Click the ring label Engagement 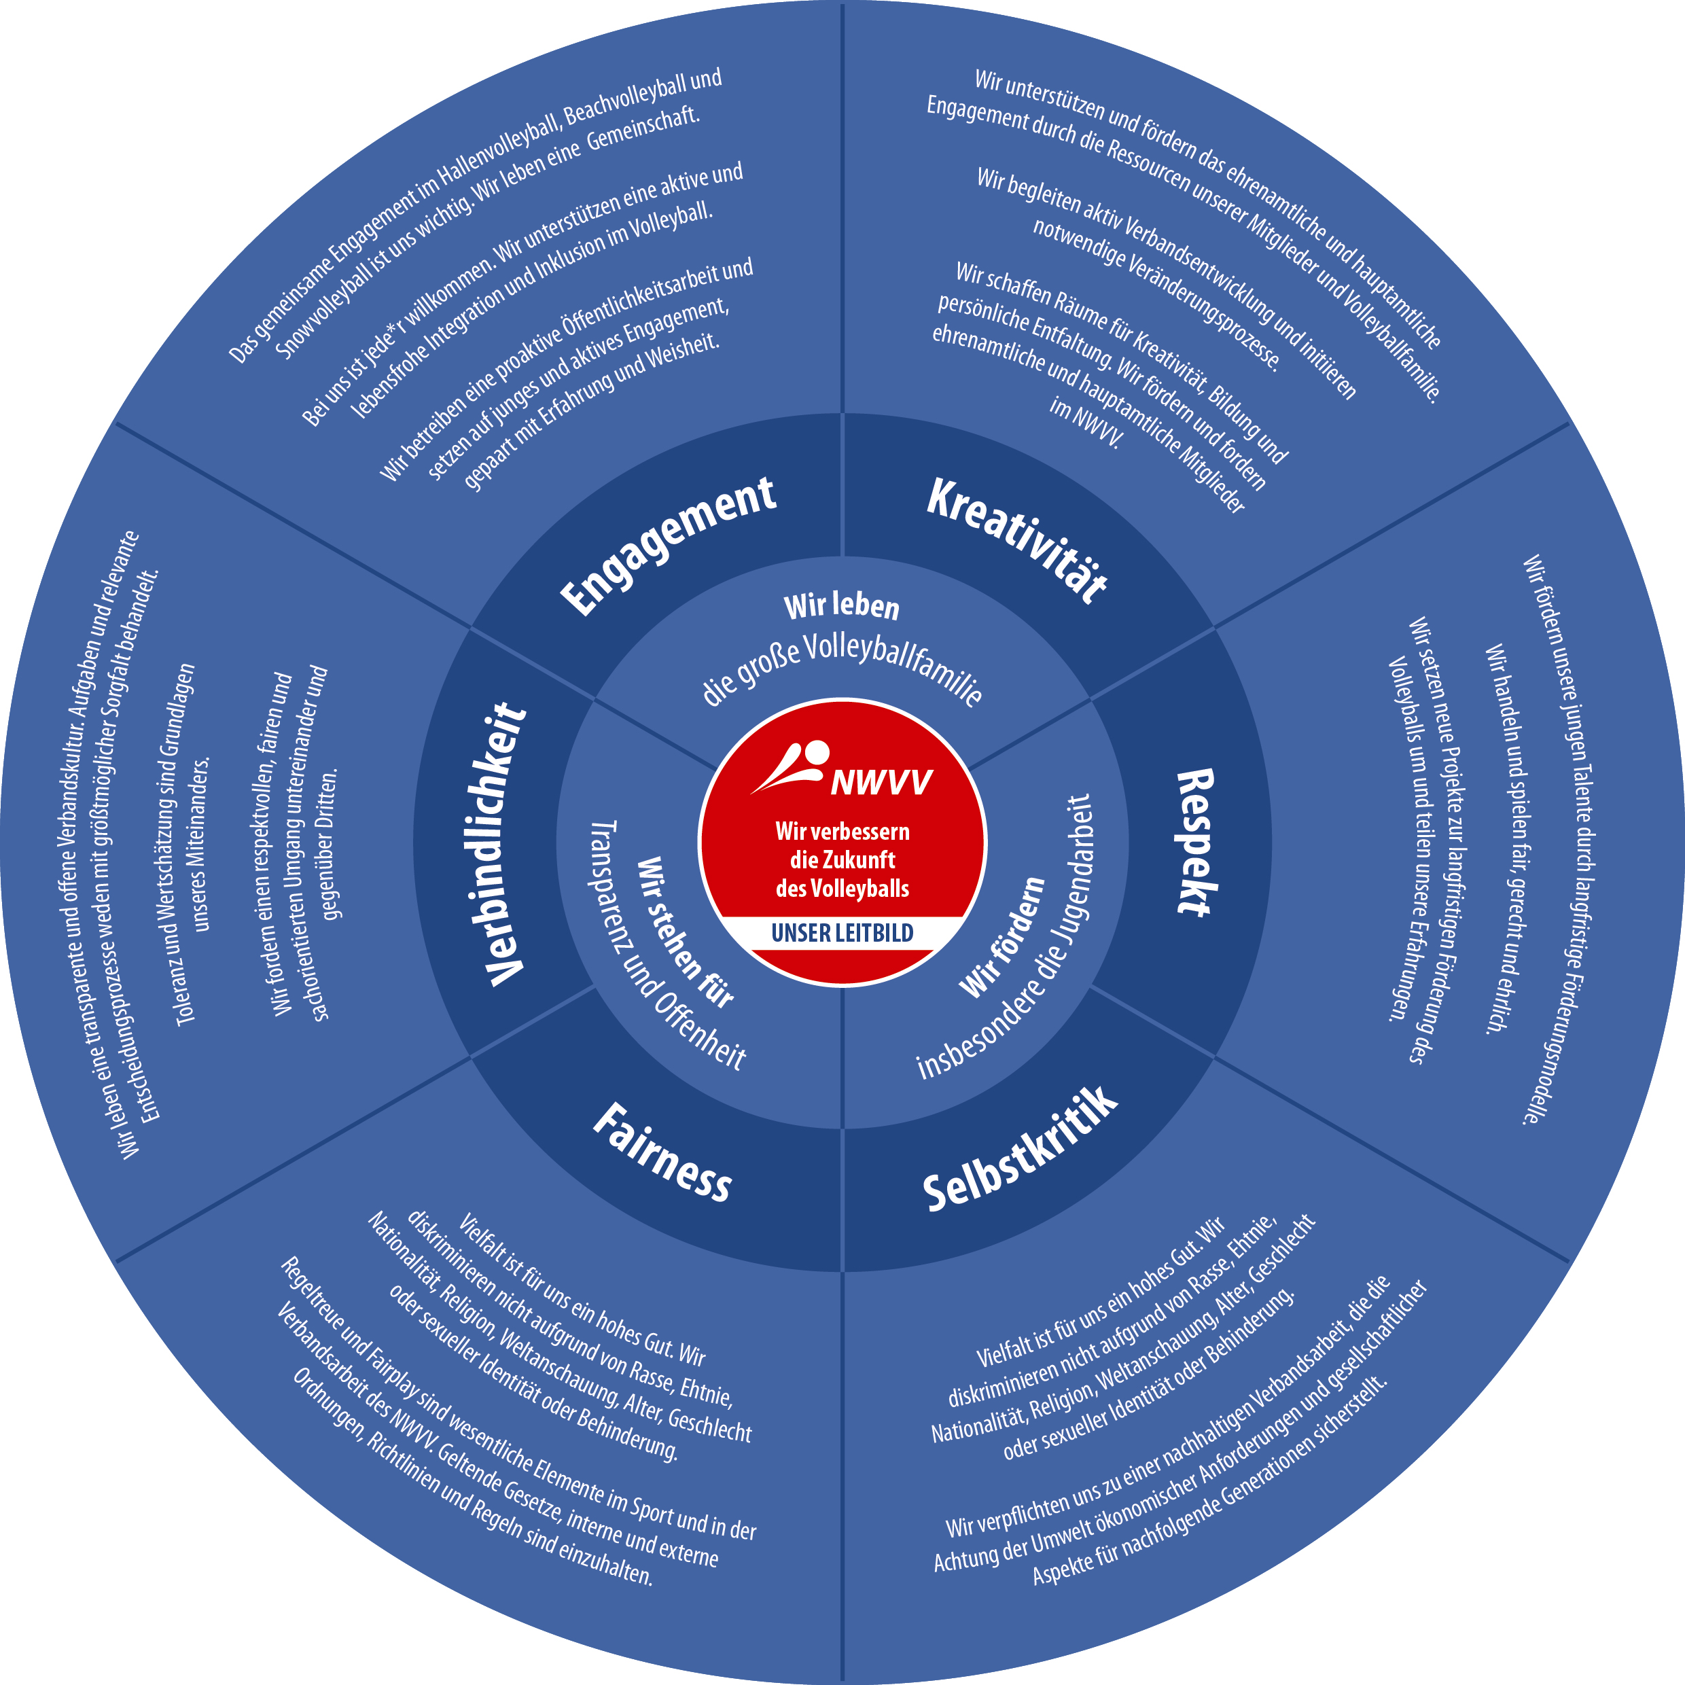click(668, 544)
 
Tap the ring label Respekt click(1196, 842)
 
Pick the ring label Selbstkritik click(1021, 1150)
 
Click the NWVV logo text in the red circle click(881, 782)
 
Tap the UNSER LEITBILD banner click(842, 933)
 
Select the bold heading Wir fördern click(1002, 938)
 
